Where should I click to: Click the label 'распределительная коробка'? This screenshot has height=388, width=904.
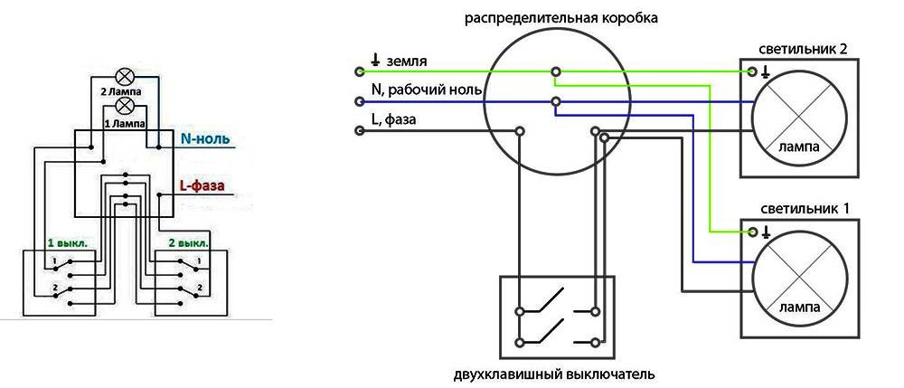tap(561, 18)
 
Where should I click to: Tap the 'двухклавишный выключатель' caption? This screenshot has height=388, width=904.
tap(554, 375)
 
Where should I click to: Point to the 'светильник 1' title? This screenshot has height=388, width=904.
tap(801, 209)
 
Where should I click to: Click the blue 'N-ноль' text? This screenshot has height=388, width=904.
tap(204, 139)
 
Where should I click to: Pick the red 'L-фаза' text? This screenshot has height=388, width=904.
tap(202, 186)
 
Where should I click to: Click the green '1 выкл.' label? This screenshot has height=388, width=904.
tap(68, 243)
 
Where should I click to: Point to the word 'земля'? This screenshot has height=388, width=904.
tap(407, 61)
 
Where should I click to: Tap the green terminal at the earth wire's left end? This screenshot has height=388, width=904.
tap(360, 71)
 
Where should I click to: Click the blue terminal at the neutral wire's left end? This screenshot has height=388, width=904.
tap(360, 101)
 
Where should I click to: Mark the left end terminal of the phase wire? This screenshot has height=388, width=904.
tap(360, 131)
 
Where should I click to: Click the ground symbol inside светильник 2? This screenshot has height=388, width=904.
tap(765, 71)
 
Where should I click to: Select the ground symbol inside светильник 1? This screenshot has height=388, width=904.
tap(766, 232)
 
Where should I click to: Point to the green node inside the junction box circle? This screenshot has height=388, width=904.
tap(556, 71)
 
